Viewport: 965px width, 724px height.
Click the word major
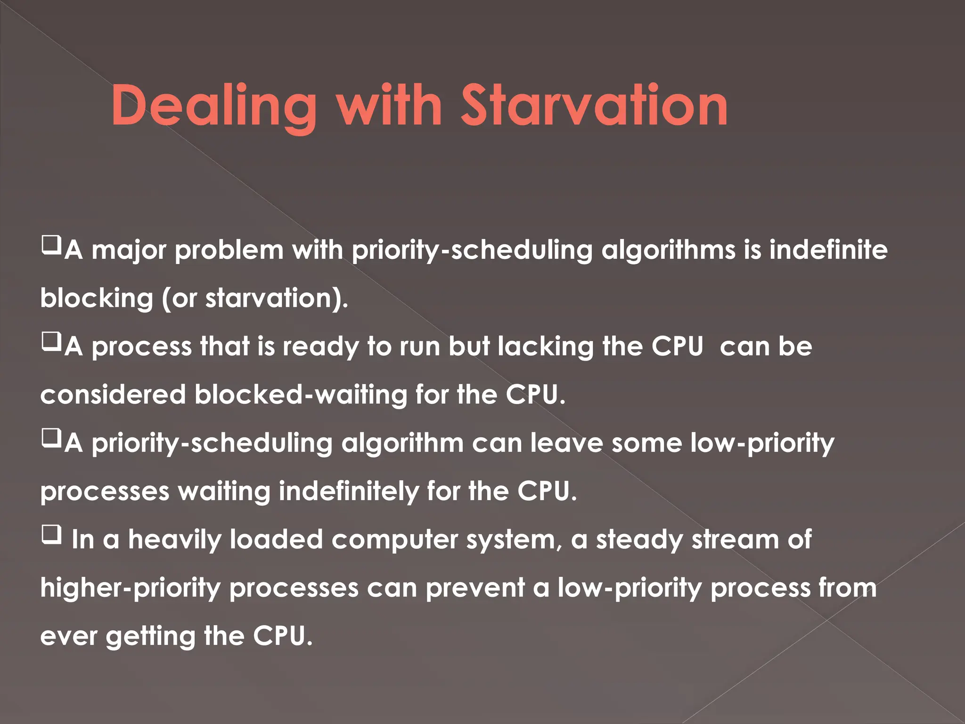(129, 250)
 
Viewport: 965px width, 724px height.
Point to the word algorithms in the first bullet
(668, 250)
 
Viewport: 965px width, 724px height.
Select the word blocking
(97, 298)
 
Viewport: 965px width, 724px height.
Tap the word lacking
(546, 347)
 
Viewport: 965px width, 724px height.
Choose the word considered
(113, 395)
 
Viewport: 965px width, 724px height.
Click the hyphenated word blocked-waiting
(301, 395)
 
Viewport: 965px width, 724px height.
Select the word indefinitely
(348, 492)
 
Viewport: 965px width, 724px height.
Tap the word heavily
(174, 540)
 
